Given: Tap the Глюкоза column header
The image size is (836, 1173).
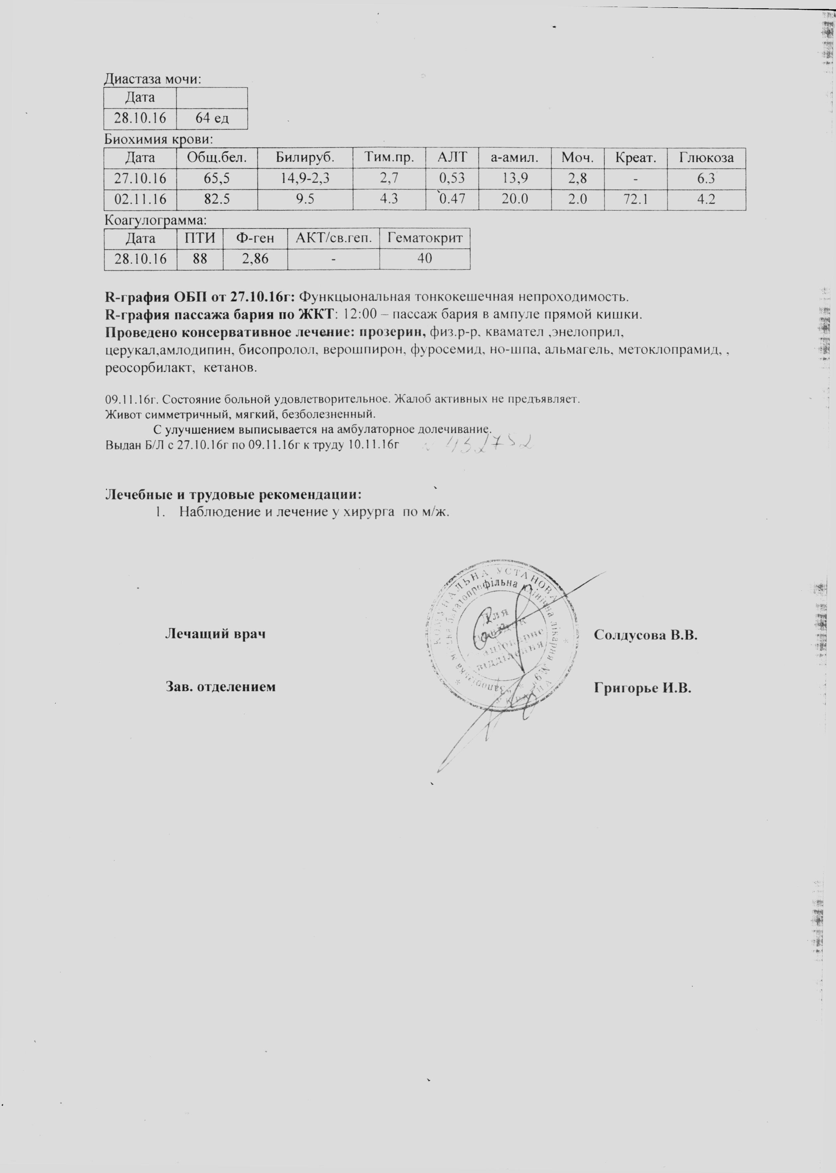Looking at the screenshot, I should [706, 158].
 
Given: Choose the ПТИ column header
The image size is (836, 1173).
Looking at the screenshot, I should [200, 238].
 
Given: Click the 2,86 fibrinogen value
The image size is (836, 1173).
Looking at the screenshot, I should [255, 259].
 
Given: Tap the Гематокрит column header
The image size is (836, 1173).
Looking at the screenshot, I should [425, 238].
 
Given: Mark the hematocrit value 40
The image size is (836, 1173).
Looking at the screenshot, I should [425, 259].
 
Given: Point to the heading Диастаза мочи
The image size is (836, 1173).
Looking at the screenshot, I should [152, 79].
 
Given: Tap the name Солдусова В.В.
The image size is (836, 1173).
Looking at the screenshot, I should [646, 635].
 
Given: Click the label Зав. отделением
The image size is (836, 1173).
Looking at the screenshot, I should [220, 687].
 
